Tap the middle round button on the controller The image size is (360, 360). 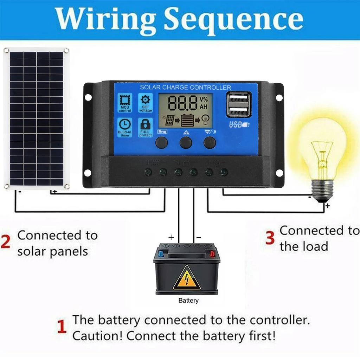pos(186,142)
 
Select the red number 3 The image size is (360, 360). pos(270,238)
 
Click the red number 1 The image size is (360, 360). pos(62,327)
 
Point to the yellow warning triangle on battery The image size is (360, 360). pos(187,277)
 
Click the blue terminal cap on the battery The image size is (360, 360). pos(161,253)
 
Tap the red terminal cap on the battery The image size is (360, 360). pos(212,253)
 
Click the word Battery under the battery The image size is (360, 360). pos(188,301)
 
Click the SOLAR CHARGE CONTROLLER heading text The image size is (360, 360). pos(185,87)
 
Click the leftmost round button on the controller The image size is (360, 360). pos(161,142)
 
